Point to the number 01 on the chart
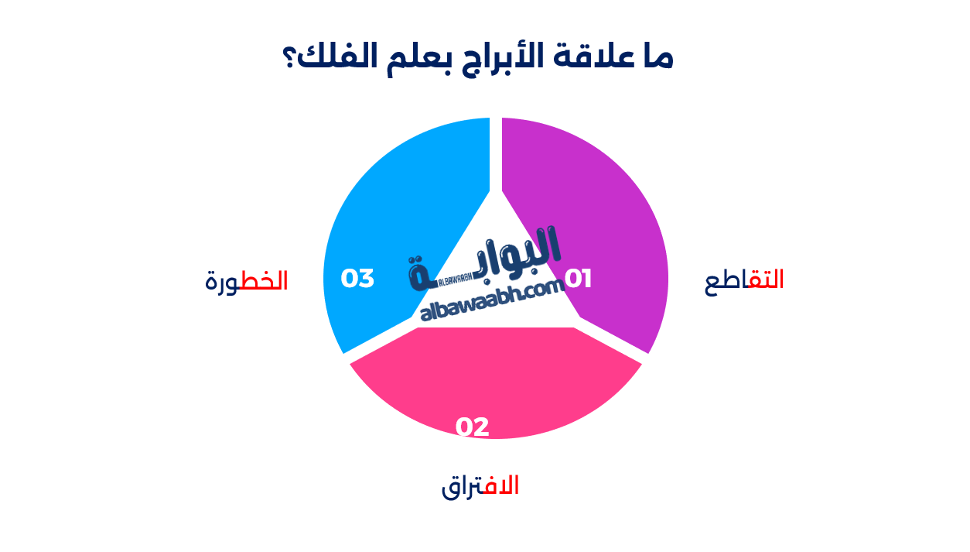point(578,279)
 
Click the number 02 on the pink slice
point(472,427)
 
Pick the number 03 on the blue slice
point(357,279)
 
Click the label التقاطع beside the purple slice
point(744,280)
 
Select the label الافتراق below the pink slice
point(480,486)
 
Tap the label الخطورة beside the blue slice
point(247,281)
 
